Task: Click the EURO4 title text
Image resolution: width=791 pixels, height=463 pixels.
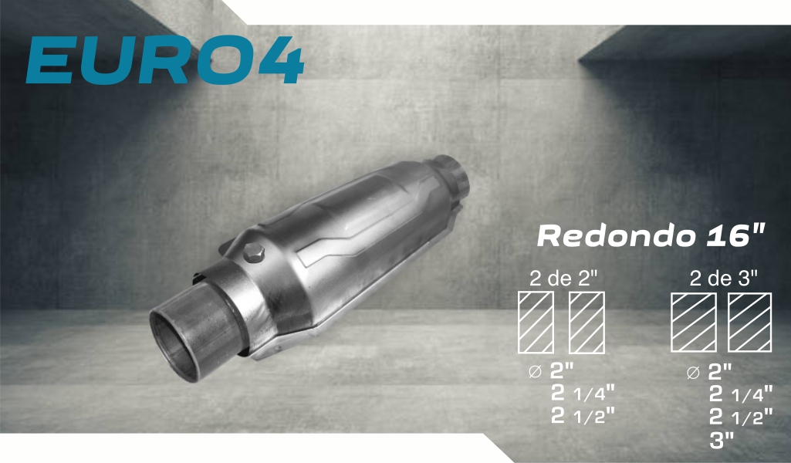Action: pyautogui.click(x=165, y=60)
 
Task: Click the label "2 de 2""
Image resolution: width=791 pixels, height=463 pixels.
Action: pyautogui.click(x=563, y=278)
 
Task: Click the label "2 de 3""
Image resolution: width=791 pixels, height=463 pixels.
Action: pyautogui.click(x=723, y=278)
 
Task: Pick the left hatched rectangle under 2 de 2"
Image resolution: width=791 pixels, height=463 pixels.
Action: pyautogui.click(x=536, y=323)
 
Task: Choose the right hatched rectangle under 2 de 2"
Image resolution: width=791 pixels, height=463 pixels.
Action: pyautogui.click(x=586, y=323)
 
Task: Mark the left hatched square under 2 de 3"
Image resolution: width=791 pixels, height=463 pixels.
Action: pyautogui.click(x=694, y=323)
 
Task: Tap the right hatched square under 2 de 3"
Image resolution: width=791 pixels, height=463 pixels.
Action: pyautogui.click(x=749, y=323)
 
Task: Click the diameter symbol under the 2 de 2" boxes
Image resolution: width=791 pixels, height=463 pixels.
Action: pyautogui.click(x=535, y=372)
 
